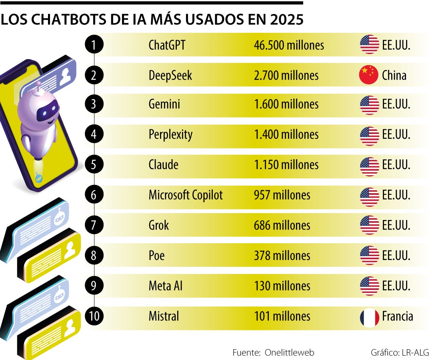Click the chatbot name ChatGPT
[x=167, y=45]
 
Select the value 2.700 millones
[x=286, y=75]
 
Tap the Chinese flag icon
[x=369, y=75]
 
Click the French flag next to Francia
[x=369, y=317]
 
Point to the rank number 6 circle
[x=94, y=195]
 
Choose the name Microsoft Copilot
[x=186, y=195]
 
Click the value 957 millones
[x=282, y=195]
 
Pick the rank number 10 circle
[x=94, y=316]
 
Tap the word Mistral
[x=164, y=316]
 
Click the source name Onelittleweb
[x=290, y=352]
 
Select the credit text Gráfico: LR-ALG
[x=399, y=352]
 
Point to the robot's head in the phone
[x=38, y=108]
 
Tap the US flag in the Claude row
[x=369, y=166]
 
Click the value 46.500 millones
[x=289, y=45]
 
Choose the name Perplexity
[x=170, y=135]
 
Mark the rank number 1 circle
[x=94, y=45]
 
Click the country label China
[x=394, y=75]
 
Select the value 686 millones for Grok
[x=282, y=225]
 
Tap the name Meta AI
[x=166, y=286]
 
